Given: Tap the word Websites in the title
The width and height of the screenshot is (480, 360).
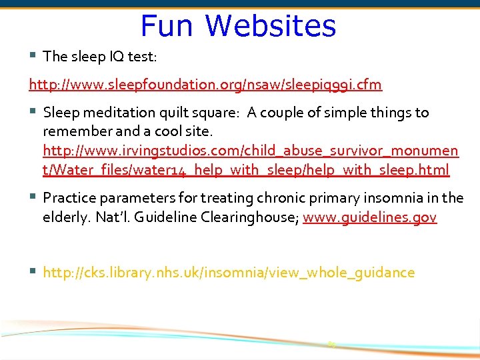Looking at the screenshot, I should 271,26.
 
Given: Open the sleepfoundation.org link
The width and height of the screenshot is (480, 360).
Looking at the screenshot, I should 205,85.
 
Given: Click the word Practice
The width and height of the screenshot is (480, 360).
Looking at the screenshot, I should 68,198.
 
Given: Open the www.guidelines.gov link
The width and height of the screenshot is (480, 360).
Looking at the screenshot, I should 369,217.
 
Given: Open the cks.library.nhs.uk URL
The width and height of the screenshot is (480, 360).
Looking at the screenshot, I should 229,273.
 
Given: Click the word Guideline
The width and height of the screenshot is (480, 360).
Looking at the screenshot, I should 164,217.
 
